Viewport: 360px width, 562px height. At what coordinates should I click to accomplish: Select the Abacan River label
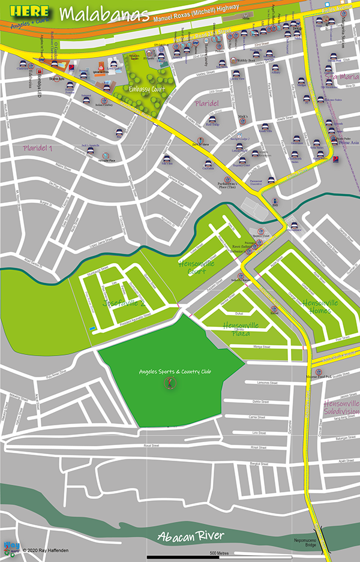point(191,536)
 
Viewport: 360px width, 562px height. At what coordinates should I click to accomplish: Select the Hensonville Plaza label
point(241,329)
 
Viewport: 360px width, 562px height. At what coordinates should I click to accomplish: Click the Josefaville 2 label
point(125,302)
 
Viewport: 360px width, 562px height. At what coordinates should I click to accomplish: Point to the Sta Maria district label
point(343,76)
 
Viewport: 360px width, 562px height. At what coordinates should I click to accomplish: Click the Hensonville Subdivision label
point(341,407)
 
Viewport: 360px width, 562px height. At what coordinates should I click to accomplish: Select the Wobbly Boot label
point(247,61)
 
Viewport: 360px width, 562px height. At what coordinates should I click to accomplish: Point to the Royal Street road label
point(151,446)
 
